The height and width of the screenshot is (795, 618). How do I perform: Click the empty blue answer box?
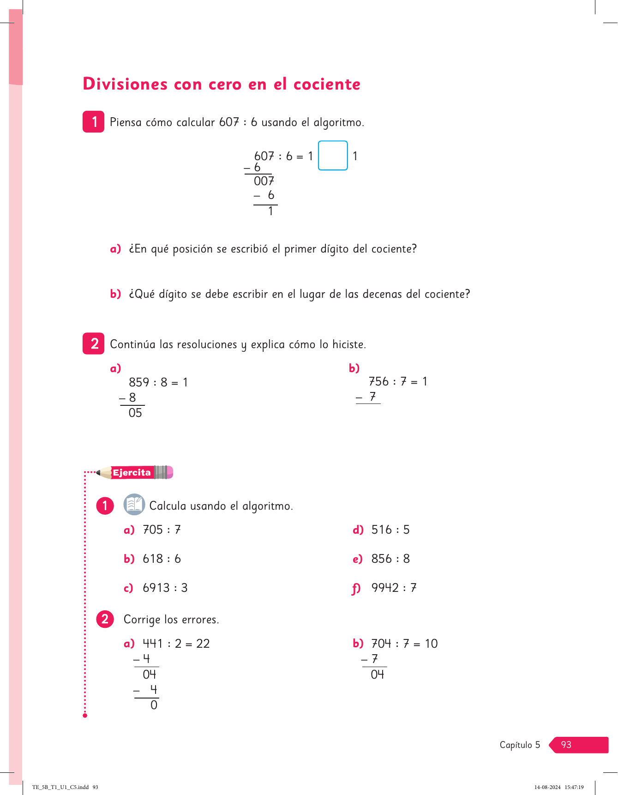(333, 156)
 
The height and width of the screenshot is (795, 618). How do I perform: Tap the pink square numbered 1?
(94, 122)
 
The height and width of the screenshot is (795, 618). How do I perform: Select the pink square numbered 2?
(94, 343)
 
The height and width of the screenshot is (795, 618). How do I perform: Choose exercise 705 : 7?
(162, 530)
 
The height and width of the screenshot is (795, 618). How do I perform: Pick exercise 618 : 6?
(162, 559)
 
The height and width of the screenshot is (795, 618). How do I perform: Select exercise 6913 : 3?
(165, 588)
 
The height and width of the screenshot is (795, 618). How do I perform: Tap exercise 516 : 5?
(390, 530)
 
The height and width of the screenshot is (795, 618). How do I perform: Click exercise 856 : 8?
(390, 559)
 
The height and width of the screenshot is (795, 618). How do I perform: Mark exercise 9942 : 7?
(394, 588)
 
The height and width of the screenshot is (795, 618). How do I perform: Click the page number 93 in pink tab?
(566, 745)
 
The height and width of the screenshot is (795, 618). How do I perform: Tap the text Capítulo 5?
(520, 745)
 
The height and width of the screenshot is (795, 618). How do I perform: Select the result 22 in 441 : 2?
(203, 644)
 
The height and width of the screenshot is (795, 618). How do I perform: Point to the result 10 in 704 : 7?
(431, 644)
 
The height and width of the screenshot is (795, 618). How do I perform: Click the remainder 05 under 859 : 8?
(135, 413)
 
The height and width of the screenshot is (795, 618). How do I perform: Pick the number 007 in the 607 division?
(264, 181)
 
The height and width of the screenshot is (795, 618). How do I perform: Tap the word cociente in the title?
(327, 84)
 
